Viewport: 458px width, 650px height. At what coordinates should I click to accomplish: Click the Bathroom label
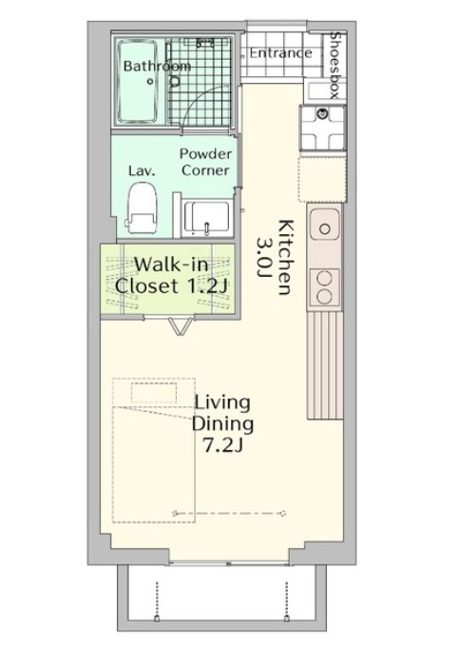tap(157, 66)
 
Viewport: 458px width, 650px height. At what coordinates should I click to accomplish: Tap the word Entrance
tap(280, 52)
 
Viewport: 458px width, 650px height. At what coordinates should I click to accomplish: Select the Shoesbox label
tap(334, 66)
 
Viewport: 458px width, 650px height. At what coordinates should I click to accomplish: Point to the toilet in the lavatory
tap(143, 208)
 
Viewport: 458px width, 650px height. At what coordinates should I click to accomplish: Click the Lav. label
tap(142, 170)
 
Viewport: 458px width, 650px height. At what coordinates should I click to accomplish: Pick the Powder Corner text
tap(205, 162)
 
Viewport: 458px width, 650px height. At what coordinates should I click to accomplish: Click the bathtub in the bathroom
tap(138, 81)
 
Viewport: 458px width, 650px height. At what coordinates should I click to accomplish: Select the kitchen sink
tap(325, 225)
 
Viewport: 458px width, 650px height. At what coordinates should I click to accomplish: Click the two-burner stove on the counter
tap(325, 287)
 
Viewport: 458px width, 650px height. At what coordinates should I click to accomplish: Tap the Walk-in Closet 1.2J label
tap(172, 275)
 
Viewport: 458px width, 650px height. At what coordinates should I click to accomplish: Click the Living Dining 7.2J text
tap(222, 423)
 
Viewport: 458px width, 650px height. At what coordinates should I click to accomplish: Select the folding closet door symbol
tap(181, 325)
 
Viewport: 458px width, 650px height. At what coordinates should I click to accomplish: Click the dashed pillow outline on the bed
tap(154, 393)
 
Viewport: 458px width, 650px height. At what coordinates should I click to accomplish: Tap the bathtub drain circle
tap(150, 82)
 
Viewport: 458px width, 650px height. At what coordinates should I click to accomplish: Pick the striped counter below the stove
tap(325, 365)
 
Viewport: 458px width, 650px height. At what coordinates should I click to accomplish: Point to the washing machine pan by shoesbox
tap(323, 128)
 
